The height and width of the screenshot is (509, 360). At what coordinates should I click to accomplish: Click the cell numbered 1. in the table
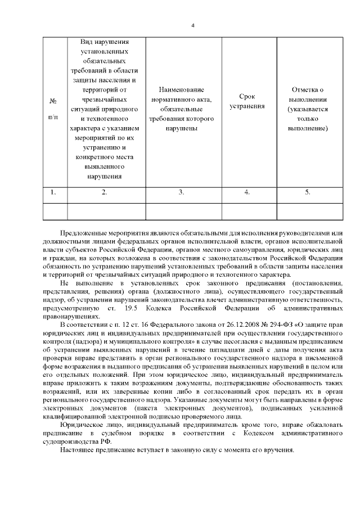tap(53, 192)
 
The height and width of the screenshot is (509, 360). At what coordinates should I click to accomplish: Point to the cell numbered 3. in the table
tap(181, 192)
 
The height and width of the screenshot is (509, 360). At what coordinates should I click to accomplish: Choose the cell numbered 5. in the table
tap(307, 192)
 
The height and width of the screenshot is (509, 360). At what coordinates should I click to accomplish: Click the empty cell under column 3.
tap(181, 210)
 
